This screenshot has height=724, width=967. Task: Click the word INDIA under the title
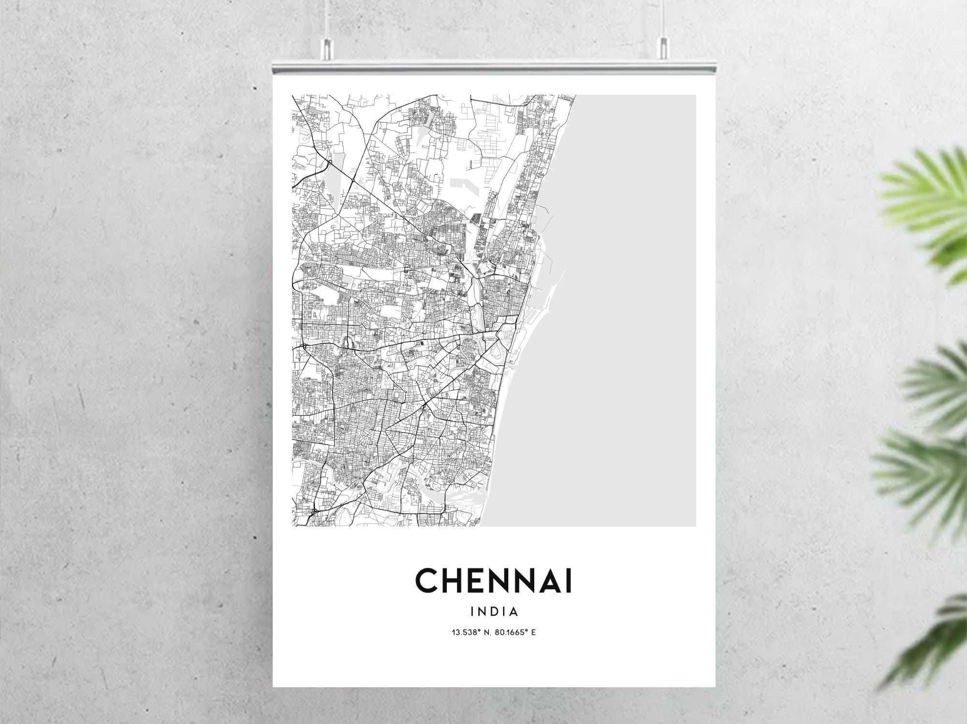(x=494, y=612)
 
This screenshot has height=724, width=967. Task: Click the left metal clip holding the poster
(x=328, y=49)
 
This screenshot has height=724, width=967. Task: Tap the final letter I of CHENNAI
(x=569, y=580)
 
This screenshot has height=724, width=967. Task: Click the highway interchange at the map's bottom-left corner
(x=314, y=511)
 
